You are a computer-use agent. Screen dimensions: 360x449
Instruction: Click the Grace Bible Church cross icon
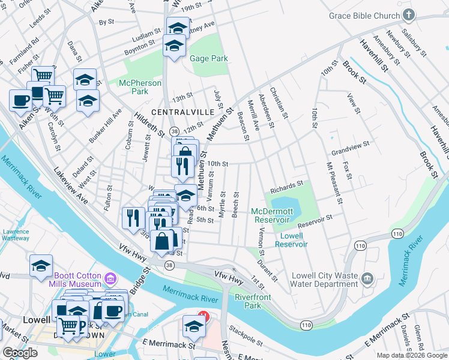click(408, 15)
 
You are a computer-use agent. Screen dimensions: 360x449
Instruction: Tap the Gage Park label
click(209, 59)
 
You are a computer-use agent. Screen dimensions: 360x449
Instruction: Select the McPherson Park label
click(133, 87)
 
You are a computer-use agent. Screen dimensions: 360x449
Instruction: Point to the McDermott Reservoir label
click(272, 215)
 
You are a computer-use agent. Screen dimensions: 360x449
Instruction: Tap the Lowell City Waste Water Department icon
click(367, 279)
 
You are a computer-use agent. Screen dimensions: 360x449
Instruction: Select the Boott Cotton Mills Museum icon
click(110, 278)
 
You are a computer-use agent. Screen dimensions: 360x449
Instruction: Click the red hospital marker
click(203, 317)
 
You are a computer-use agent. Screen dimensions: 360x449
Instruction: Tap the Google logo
click(20, 353)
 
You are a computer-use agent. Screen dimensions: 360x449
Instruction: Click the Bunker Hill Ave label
click(105, 125)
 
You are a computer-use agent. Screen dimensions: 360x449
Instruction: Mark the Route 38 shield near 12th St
click(174, 131)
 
